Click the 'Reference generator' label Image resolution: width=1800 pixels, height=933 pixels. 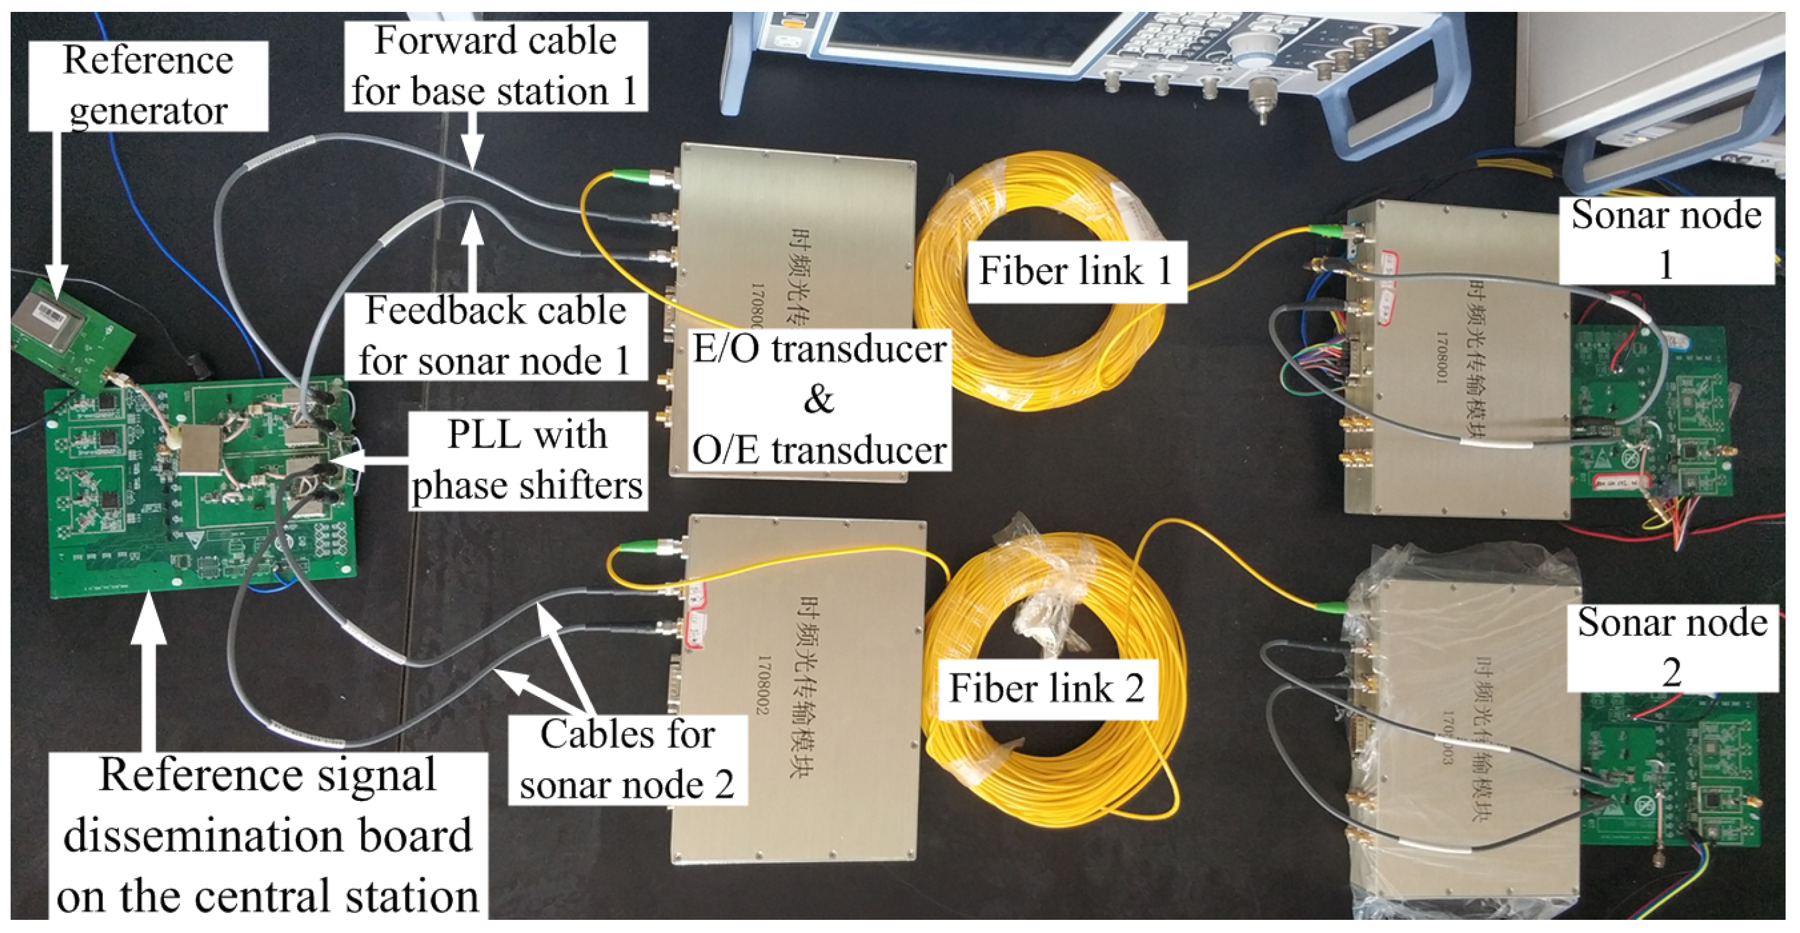point(148,85)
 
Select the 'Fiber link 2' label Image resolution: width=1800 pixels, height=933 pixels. point(1046,688)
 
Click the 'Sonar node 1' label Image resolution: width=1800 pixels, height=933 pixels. point(1666,240)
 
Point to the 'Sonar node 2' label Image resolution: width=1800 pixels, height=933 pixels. point(1672,647)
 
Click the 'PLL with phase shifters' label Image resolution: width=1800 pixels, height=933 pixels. point(527,460)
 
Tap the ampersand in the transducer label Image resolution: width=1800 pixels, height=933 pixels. point(818,399)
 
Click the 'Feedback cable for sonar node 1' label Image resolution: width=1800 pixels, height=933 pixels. point(494,336)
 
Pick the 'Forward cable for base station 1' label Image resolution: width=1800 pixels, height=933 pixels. point(494,66)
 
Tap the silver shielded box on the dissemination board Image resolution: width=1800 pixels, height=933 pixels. point(198,448)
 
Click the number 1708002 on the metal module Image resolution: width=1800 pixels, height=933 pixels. point(764,685)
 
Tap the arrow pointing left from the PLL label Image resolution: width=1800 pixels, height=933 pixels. point(371,460)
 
